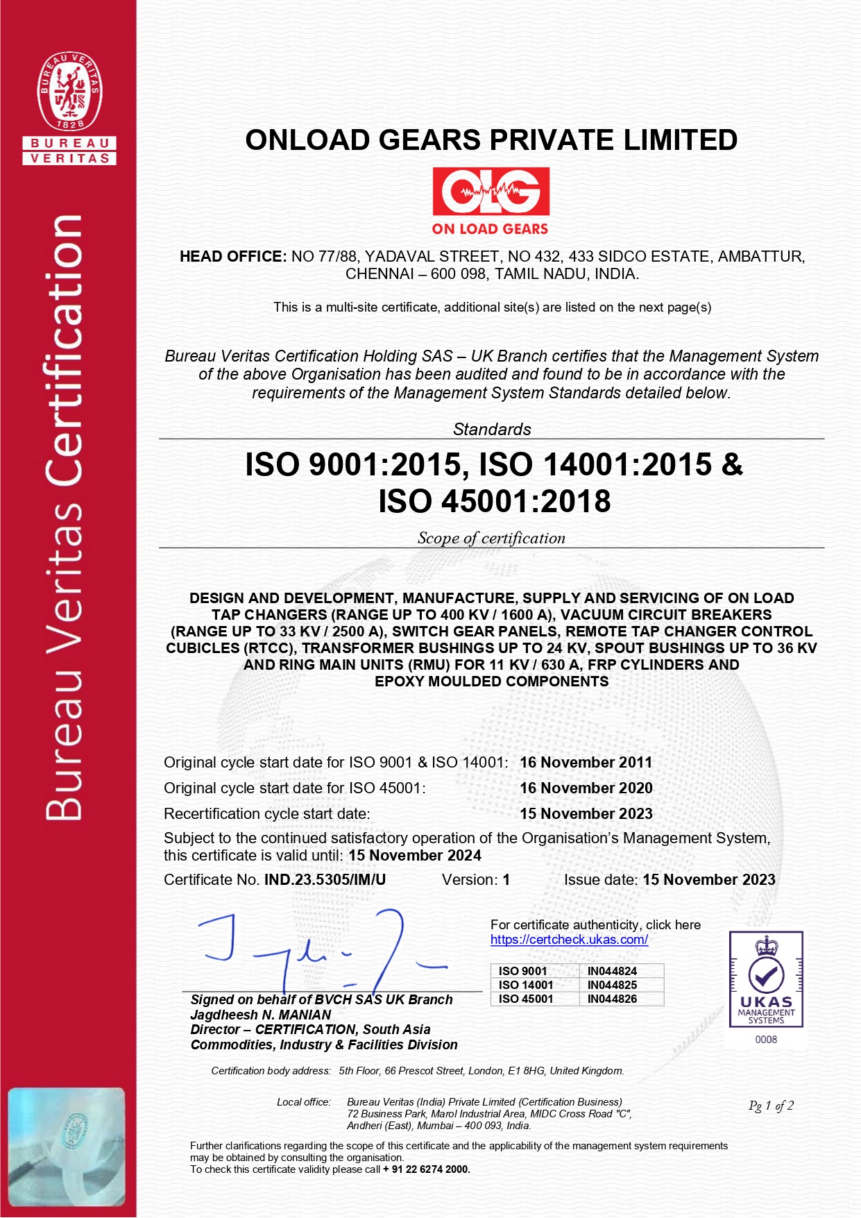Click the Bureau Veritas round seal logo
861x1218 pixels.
click(69, 91)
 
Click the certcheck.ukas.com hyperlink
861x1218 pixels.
click(569, 940)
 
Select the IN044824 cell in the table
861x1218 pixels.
click(612, 971)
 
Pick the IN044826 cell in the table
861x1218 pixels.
click(612, 999)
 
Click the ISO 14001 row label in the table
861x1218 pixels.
click(526, 985)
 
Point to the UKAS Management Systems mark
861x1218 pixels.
click(766, 979)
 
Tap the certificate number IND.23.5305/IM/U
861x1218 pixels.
click(325, 880)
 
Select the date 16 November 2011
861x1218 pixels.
click(586, 762)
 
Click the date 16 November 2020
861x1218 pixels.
click(586, 788)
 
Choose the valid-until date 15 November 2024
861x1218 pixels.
click(415, 855)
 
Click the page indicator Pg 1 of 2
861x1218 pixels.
click(771, 1106)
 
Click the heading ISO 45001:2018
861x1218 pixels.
click(494, 501)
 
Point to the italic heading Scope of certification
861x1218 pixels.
click(491, 538)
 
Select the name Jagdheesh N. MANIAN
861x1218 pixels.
click(261, 1015)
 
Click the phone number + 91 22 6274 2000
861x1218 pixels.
click(426, 1169)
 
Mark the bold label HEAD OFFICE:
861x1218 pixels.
click(233, 257)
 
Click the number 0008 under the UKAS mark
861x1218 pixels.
click(766, 1040)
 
